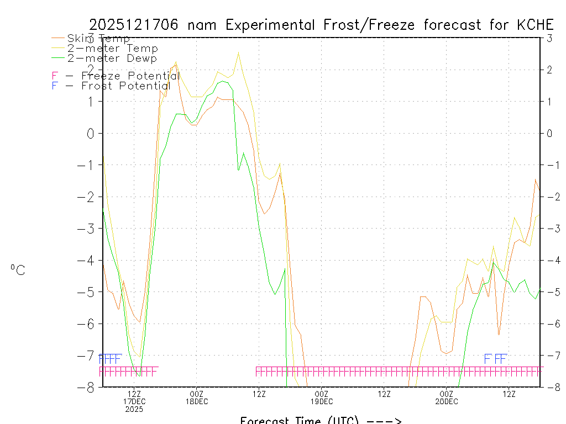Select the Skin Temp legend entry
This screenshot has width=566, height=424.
click(x=98, y=38)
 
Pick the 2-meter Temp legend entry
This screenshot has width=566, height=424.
click(x=112, y=48)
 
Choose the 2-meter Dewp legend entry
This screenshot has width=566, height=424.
click(x=112, y=58)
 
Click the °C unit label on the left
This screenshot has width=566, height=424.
click(x=18, y=270)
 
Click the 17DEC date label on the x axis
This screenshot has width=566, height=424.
click(x=134, y=401)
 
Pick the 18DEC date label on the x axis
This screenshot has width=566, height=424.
click(x=197, y=401)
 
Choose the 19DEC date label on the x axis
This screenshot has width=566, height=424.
click(x=322, y=401)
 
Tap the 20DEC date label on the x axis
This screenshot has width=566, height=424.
click(x=447, y=401)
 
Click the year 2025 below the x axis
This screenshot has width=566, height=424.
click(x=134, y=409)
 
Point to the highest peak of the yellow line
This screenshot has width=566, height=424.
click(x=238, y=52)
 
